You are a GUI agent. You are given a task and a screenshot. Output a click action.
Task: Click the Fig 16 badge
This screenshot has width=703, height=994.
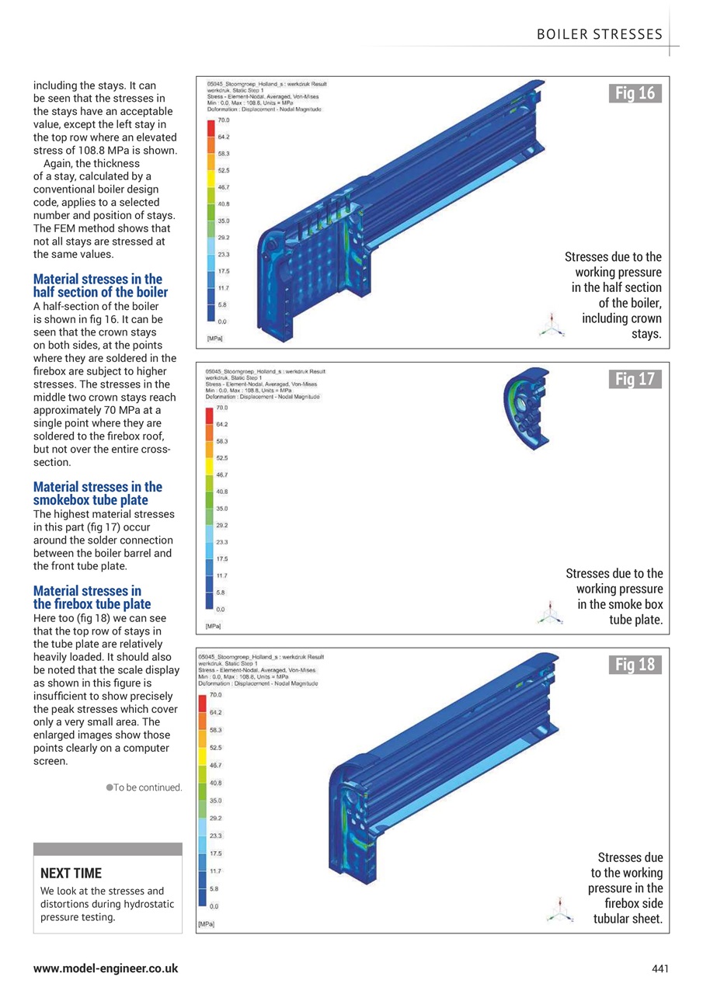click(635, 94)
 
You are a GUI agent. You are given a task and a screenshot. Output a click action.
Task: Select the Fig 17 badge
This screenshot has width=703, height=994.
click(635, 379)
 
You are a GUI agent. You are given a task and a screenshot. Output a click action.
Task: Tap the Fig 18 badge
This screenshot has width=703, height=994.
click(635, 664)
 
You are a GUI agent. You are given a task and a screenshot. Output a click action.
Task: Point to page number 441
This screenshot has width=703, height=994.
click(660, 968)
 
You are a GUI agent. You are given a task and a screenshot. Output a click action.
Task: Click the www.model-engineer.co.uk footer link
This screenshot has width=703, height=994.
click(106, 968)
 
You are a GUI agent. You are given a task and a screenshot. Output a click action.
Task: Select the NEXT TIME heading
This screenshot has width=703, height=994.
click(71, 873)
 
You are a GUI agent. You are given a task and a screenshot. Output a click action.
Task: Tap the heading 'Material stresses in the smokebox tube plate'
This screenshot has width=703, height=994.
click(98, 493)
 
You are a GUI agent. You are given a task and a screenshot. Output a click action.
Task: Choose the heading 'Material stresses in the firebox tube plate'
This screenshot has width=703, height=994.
click(92, 597)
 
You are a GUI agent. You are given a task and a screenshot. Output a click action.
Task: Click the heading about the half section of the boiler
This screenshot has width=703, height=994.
click(100, 285)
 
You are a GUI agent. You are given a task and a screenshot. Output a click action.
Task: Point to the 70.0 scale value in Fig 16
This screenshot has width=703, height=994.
click(223, 120)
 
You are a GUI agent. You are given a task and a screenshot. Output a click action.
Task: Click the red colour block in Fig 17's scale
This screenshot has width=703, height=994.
click(210, 415)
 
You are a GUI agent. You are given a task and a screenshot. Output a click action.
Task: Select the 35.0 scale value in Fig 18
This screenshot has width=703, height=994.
click(216, 800)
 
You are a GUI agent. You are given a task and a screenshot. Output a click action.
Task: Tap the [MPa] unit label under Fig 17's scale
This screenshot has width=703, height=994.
click(214, 625)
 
